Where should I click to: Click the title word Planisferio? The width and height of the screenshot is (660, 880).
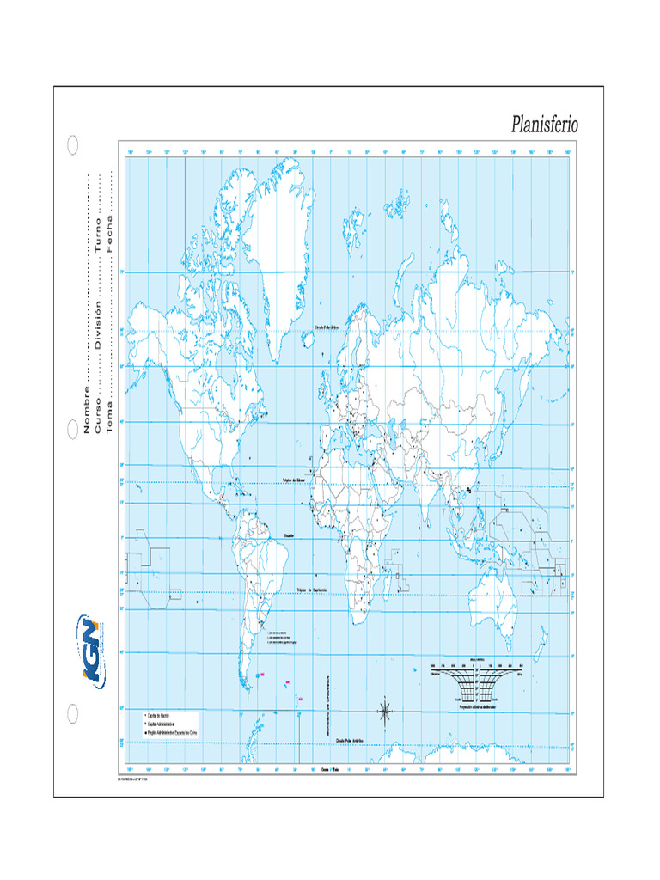coord(545,125)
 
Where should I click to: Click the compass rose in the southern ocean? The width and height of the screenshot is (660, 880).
coord(386,710)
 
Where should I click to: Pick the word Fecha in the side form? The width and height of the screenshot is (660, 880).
coord(109,236)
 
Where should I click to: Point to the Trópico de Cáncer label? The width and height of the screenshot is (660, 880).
coord(295,481)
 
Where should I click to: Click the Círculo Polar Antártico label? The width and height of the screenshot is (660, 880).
coord(352,738)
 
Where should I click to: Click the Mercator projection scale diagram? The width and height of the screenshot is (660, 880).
coord(476,682)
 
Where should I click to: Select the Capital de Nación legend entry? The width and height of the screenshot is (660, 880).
coord(158,715)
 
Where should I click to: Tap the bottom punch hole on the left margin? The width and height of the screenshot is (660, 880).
coord(73,712)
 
